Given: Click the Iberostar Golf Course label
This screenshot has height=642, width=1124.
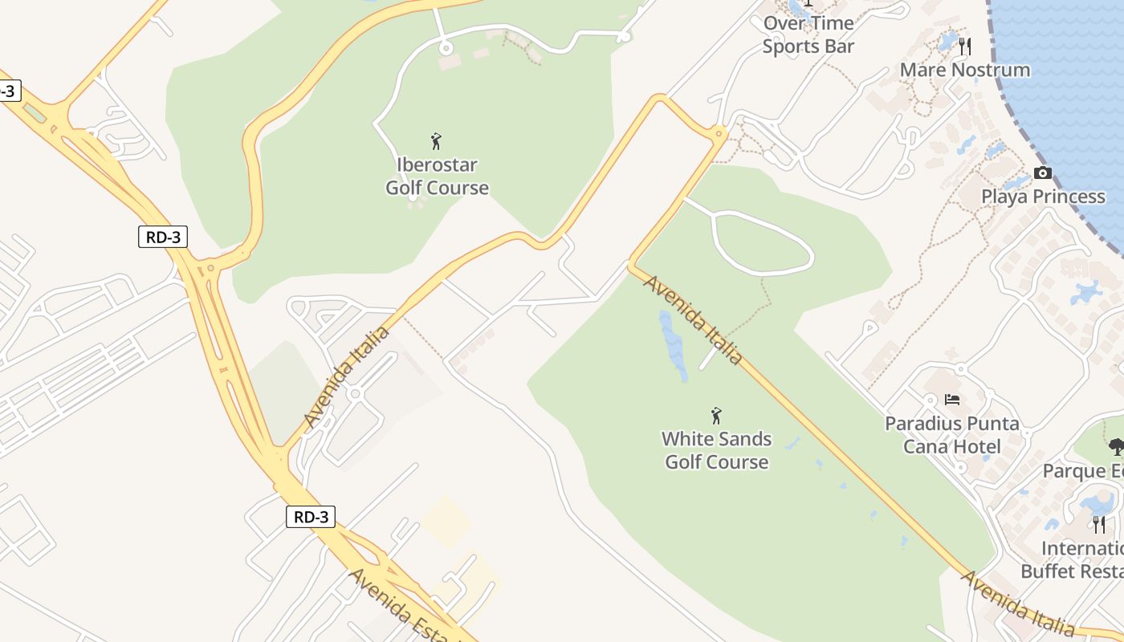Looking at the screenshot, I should pos(437,177).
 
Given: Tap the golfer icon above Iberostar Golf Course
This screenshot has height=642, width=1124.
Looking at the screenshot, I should pos(436,142).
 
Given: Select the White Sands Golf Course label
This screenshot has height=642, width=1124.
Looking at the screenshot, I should pos(716,450).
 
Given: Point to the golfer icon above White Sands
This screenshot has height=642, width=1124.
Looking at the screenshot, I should pos(716,416).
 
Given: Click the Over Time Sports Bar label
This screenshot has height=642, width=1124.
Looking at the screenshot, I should pos(808,35).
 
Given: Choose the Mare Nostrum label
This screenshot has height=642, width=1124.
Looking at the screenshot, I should pos(964,70).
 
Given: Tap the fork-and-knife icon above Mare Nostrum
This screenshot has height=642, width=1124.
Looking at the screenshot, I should pos(965,46).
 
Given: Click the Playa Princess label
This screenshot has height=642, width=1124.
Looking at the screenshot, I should pos(1043,197).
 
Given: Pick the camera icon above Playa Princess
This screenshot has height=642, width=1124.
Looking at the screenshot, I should pos(1043,173).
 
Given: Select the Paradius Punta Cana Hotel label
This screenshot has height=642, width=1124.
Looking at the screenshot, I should pos(952,435).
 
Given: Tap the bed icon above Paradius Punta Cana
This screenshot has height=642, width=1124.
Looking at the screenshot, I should pos(952,399).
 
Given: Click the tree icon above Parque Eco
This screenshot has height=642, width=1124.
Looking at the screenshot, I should pos(1115,447).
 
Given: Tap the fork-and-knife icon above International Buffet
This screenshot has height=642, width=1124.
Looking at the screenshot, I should pos(1099,525).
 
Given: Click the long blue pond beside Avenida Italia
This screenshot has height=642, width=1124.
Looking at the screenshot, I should pos(673,346).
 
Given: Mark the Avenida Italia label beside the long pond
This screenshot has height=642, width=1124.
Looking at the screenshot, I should pos(692,320).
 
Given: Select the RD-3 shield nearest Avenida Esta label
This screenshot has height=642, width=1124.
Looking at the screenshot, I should pos(311,517).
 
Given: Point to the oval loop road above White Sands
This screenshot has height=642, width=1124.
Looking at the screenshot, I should pos(762,243).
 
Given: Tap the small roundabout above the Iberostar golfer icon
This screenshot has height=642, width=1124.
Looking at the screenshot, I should pos(446,48).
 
